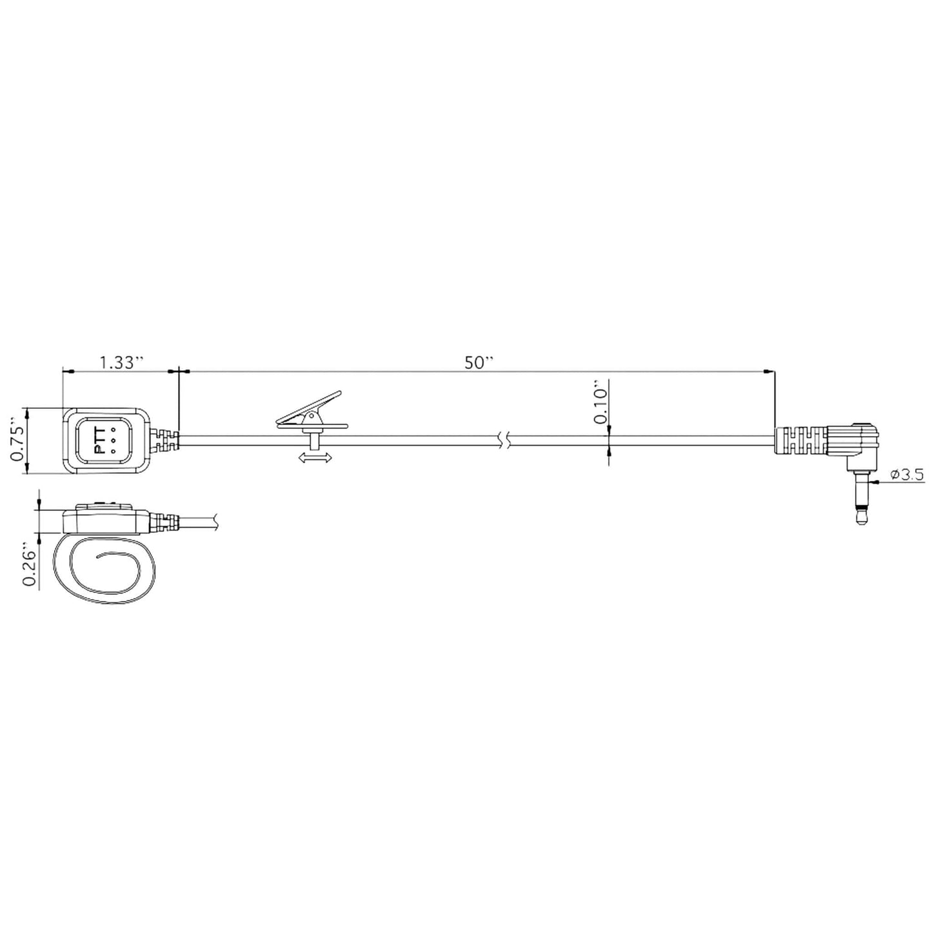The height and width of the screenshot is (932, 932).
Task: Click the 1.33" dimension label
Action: pos(121,362)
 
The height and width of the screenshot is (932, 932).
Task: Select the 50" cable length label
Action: pos(479,362)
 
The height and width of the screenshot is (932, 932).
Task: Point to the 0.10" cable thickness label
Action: pos(599,405)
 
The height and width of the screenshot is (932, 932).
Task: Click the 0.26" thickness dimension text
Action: pos(29,564)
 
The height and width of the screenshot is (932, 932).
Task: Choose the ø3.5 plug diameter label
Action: pos(907,474)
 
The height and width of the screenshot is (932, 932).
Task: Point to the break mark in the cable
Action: pos(507,441)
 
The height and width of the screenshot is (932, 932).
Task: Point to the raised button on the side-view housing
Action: pos(103,506)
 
